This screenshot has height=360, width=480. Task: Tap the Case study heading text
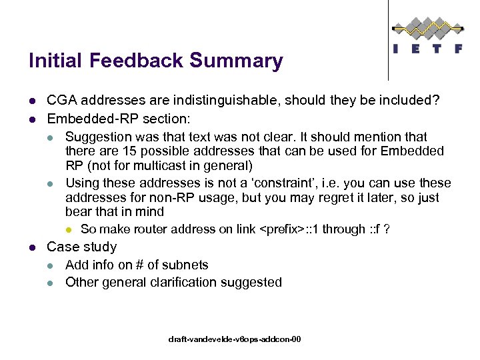(x=81, y=247)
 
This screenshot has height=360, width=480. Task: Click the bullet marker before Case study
(x=31, y=247)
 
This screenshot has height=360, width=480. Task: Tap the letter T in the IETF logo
(x=435, y=49)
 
